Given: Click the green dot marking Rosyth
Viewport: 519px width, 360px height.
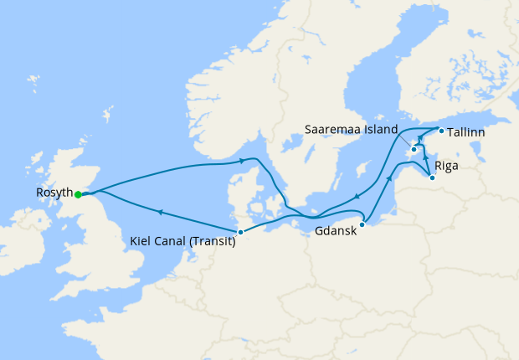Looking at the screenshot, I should tap(78, 194).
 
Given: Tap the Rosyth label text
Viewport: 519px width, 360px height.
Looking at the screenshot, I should tap(54, 193).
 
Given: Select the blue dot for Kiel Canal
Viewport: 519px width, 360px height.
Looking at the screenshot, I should tap(240, 232).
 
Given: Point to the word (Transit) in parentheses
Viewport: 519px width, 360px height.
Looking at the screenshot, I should tap(212, 242).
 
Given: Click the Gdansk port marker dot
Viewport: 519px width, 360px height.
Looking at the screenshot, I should tap(362, 224).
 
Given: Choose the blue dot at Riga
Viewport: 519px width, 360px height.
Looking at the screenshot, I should tap(431, 177).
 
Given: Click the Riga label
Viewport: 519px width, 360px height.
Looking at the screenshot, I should tap(447, 166).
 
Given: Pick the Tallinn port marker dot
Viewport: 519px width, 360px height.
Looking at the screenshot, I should tap(441, 130).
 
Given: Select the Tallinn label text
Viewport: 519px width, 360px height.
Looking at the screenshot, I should tap(466, 132).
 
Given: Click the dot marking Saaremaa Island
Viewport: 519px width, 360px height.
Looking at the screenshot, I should tap(414, 150).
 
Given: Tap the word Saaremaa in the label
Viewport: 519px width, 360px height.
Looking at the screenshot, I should tap(334, 130).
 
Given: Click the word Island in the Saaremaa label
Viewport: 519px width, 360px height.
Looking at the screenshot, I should tap(379, 130).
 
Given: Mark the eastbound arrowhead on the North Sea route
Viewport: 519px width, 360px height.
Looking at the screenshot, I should tap(243, 160).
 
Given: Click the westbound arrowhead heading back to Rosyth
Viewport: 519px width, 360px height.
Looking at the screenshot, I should tap(159, 213).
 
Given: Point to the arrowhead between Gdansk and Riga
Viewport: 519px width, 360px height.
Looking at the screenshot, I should tap(389, 177).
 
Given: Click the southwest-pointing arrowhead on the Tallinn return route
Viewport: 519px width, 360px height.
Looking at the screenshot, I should tap(357, 197).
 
